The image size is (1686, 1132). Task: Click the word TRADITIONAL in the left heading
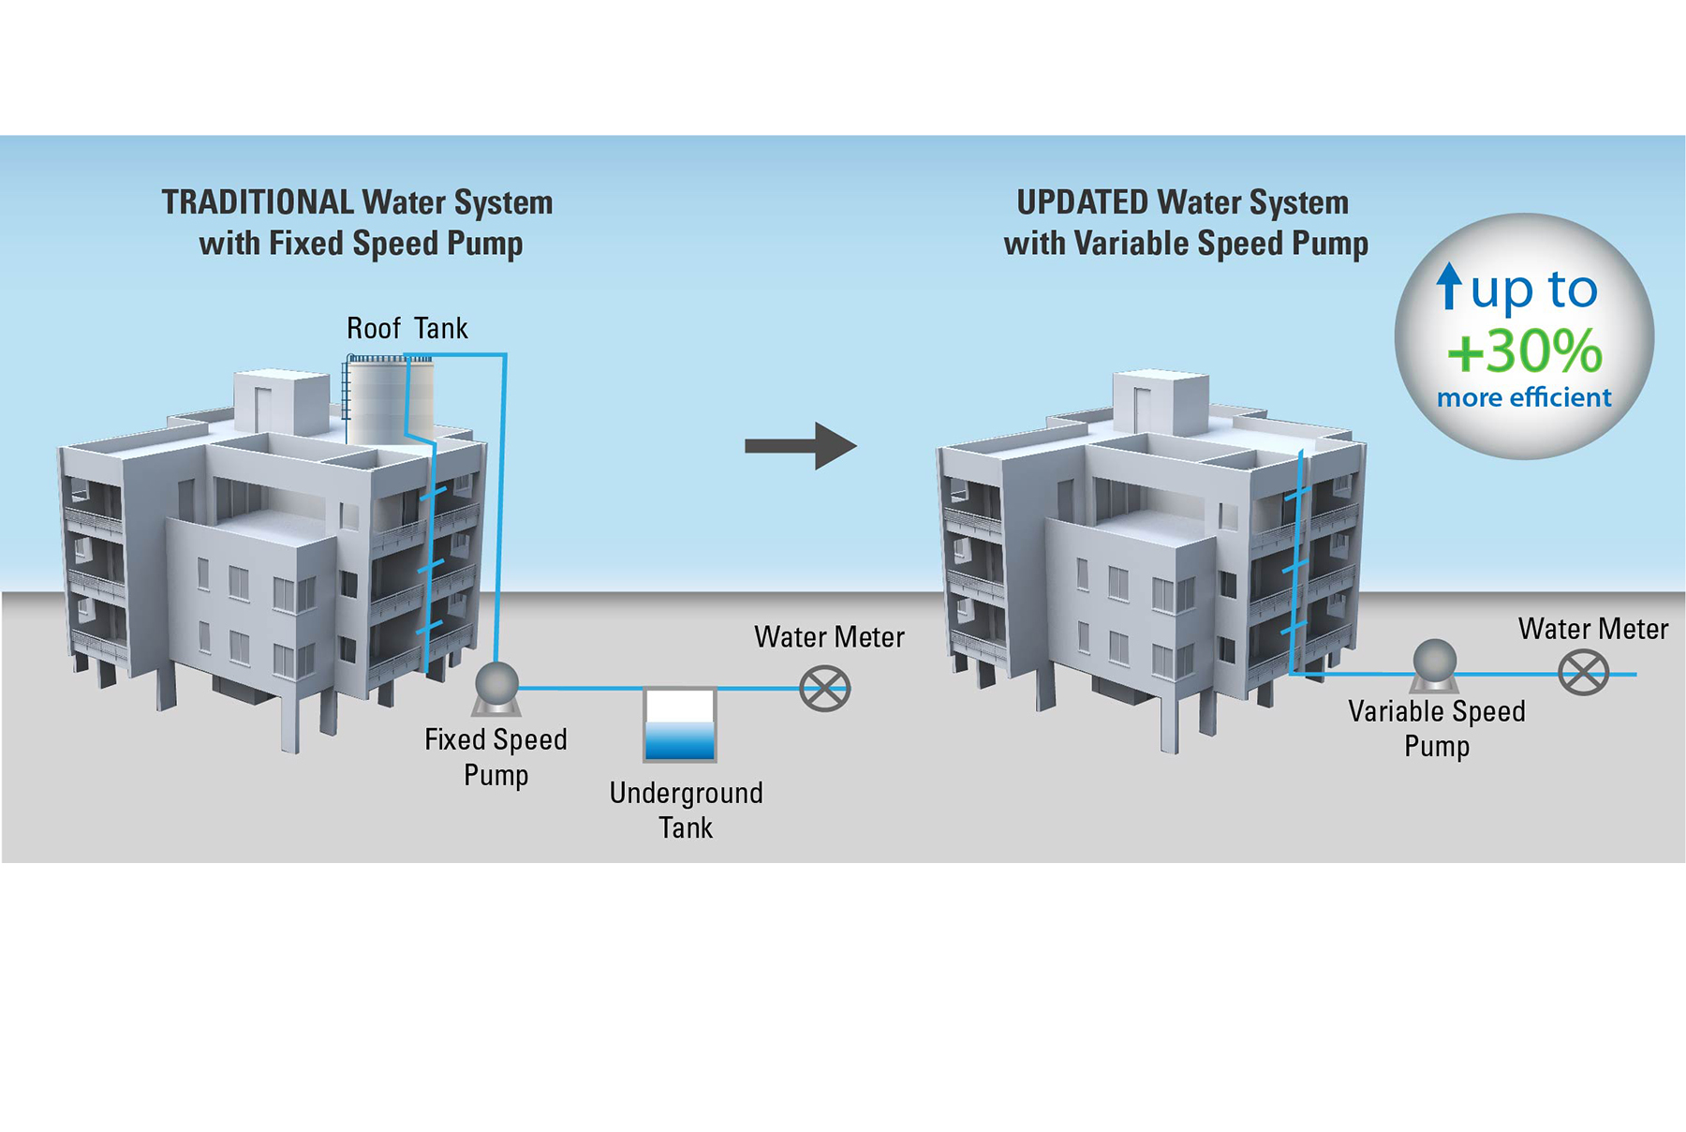coord(258,202)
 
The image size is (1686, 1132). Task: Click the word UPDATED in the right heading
coord(1082,202)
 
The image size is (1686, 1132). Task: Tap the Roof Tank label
coord(407,328)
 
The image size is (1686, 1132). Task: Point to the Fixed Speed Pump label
coord(495,756)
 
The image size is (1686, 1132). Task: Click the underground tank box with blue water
coord(680,724)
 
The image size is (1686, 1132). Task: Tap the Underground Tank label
coord(686,810)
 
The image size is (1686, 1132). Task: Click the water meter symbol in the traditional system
coord(825,689)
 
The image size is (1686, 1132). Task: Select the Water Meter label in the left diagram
coord(829,637)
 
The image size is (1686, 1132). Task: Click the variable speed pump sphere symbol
coord(1434,661)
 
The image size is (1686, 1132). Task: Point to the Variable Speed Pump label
coord(1437,728)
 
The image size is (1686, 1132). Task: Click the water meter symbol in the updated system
coord(1583,673)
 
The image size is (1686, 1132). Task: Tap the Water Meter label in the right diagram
coord(1592,629)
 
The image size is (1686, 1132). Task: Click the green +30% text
coord(1525,351)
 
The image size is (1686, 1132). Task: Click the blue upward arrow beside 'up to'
coord(1449,285)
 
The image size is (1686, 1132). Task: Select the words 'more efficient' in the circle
coord(1524,397)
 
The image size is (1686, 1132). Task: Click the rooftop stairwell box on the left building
coord(280,402)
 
